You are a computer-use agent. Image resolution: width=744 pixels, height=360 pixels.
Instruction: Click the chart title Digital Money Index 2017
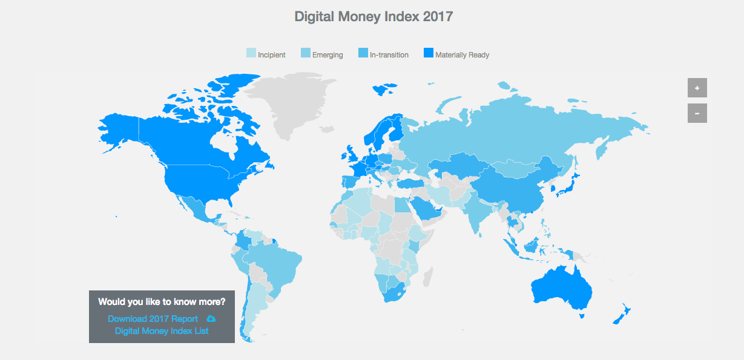click(x=374, y=16)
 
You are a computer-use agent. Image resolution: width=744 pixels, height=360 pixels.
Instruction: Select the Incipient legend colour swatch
click(x=251, y=54)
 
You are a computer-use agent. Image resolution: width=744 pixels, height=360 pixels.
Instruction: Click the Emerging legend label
click(x=328, y=55)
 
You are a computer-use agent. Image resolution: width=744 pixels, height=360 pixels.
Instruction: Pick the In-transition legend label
click(x=389, y=55)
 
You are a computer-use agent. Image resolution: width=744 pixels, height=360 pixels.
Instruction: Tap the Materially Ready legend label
click(x=462, y=55)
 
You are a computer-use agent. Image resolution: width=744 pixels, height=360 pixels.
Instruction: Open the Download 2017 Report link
click(x=153, y=319)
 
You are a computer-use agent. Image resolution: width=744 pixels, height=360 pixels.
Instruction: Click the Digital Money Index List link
click(x=162, y=331)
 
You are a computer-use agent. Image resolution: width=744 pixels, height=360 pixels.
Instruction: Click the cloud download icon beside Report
click(x=211, y=319)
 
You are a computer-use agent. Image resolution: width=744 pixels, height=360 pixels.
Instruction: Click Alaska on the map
click(x=118, y=127)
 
